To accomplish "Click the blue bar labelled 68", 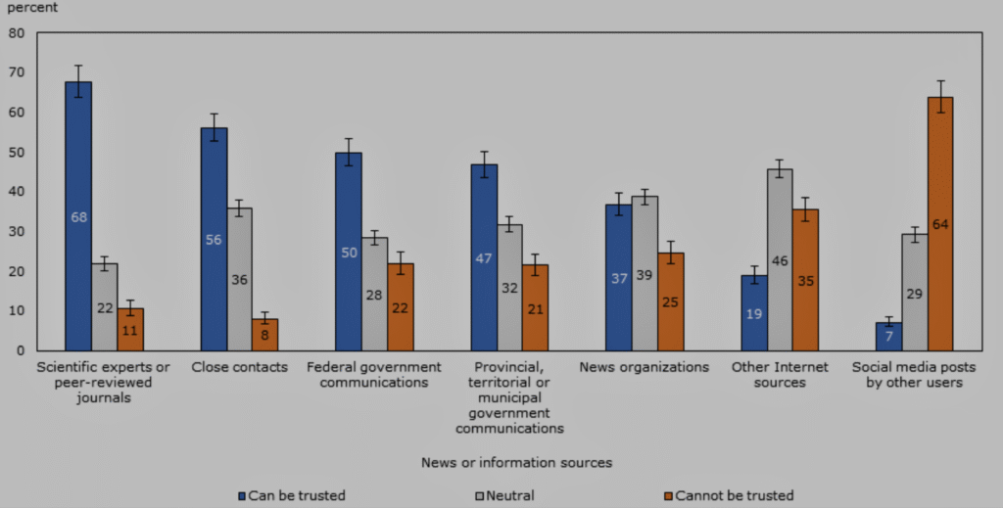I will point(78,215).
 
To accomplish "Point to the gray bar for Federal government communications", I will point(374,294).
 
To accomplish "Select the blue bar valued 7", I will point(888,337).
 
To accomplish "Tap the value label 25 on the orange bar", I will point(670,301).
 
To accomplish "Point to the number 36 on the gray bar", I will point(239,280).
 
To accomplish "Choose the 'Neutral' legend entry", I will point(507,496).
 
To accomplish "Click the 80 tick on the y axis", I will point(16,32).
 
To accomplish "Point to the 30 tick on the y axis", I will point(16,231).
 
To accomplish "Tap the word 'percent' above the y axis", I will point(32,8).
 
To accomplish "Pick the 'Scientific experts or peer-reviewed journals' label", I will point(90,383).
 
